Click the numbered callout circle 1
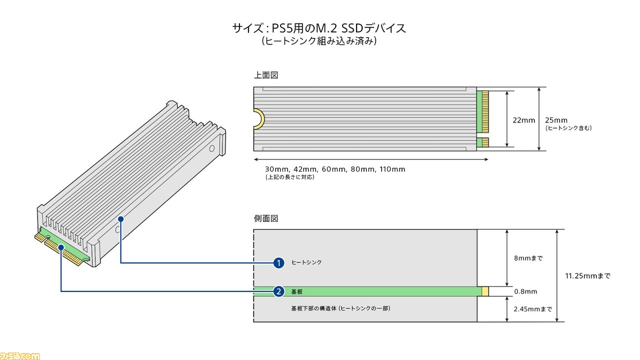click(x=278, y=263)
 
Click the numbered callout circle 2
click(x=278, y=291)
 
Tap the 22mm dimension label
click(x=523, y=120)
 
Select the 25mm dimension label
click(x=556, y=120)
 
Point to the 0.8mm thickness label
click(x=525, y=291)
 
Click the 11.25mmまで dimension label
click(x=587, y=275)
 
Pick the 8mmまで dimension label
click(x=528, y=258)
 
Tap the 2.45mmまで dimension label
click(x=533, y=309)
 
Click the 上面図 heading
click(x=266, y=75)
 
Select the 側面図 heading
click(x=266, y=218)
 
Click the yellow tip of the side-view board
click(x=485, y=291)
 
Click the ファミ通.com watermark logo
click(x=19, y=356)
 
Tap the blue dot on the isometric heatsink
click(x=121, y=219)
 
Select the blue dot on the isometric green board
click(x=61, y=247)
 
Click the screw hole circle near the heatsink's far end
click(x=211, y=148)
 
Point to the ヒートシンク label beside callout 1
click(x=306, y=262)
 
